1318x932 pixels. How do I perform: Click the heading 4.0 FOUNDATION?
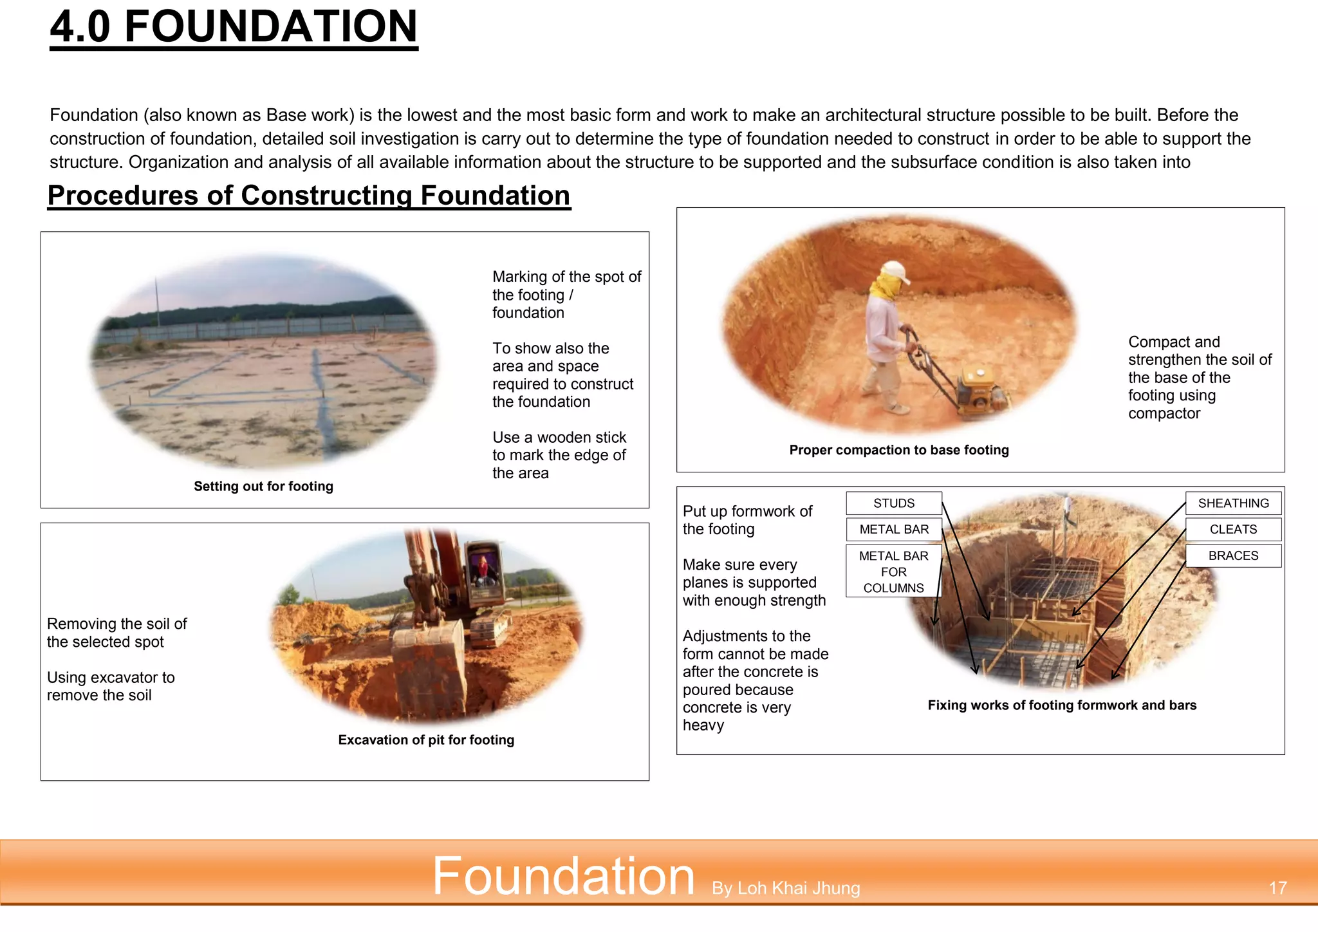(x=234, y=27)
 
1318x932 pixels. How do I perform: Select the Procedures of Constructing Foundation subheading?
(x=309, y=196)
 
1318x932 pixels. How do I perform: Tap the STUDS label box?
(x=894, y=503)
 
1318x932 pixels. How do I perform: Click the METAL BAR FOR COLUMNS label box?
(x=893, y=572)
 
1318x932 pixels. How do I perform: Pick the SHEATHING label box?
(x=1233, y=503)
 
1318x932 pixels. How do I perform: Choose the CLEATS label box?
(x=1233, y=530)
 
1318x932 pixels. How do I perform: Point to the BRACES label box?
(x=1233, y=556)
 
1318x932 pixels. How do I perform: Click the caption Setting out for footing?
(x=263, y=487)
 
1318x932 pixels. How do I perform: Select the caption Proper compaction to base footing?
(x=898, y=451)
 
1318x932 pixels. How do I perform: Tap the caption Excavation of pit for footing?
(x=426, y=740)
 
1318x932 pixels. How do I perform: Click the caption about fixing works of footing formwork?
(x=1062, y=705)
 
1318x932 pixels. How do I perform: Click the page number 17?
(x=1277, y=888)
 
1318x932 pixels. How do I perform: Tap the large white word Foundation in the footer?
(x=563, y=876)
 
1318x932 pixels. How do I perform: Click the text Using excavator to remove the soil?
(x=111, y=686)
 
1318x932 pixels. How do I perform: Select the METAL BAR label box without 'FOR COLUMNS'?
(x=894, y=530)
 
